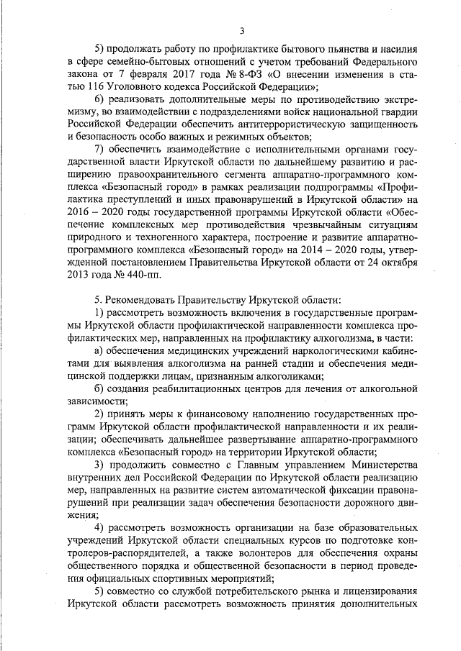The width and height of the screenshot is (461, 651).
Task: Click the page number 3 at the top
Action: [x=243, y=30]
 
